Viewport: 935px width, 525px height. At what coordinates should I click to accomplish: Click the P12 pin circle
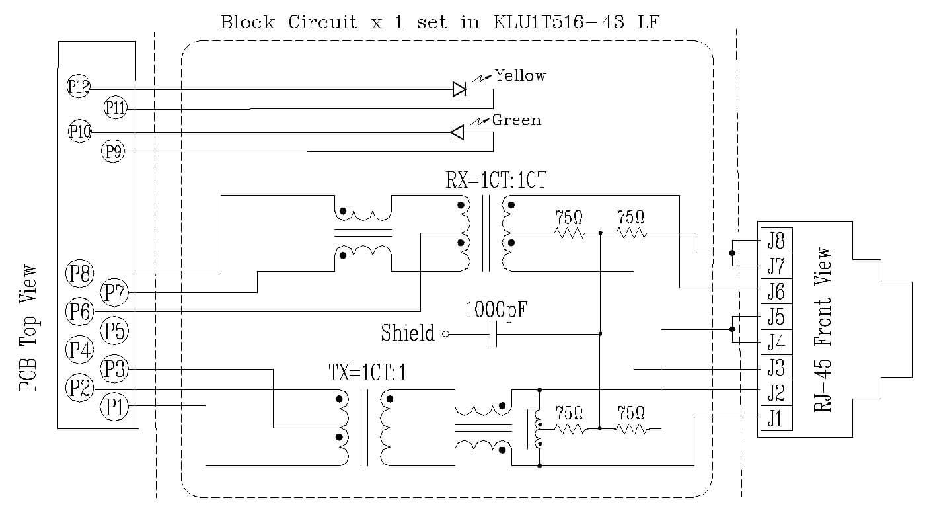(x=79, y=87)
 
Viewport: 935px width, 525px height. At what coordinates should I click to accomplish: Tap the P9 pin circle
(x=112, y=152)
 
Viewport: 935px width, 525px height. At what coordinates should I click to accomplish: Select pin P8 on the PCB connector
(x=79, y=273)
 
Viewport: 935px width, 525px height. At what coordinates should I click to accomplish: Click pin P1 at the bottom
(x=113, y=406)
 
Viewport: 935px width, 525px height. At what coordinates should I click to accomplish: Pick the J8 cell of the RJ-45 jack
(x=775, y=240)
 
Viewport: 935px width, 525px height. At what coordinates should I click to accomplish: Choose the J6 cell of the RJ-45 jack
(x=775, y=291)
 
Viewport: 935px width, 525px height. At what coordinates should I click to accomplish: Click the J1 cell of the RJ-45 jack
(x=775, y=419)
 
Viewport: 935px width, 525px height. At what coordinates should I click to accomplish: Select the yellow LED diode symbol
(x=460, y=89)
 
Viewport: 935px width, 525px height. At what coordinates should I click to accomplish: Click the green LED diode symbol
(x=457, y=132)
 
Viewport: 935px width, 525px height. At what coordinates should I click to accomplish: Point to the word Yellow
(x=521, y=76)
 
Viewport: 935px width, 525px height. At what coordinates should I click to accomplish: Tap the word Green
(x=516, y=120)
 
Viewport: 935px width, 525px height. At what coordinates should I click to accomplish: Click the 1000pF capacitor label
(x=496, y=309)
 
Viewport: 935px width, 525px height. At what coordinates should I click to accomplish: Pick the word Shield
(x=408, y=333)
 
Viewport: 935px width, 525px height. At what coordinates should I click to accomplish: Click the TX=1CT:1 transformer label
(x=367, y=372)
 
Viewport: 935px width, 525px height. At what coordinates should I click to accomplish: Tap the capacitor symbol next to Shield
(x=493, y=335)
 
